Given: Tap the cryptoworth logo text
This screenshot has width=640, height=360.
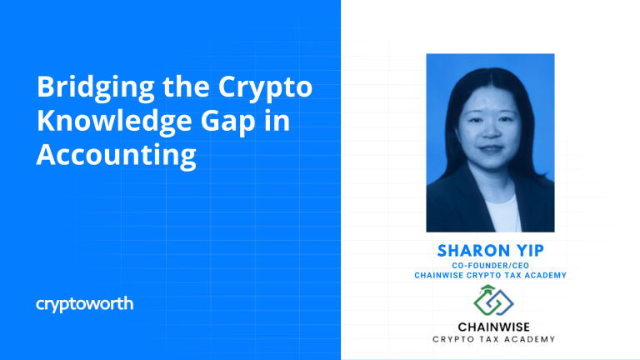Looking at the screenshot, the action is (x=84, y=304).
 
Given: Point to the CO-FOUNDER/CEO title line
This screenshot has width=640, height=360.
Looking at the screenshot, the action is (x=491, y=266).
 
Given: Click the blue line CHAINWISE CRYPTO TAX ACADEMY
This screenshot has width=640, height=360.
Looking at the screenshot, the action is (x=491, y=276).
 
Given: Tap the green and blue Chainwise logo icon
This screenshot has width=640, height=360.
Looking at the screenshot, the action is (x=493, y=300).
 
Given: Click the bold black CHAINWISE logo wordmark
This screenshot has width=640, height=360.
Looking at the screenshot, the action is (x=494, y=327).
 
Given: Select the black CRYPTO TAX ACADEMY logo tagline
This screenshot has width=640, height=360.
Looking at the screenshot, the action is (x=494, y=339).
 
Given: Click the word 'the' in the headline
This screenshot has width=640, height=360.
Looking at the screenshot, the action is (x=186, y=87).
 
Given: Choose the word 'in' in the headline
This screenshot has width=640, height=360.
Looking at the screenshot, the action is (x=277, y=121).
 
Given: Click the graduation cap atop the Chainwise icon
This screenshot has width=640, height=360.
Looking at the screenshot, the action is (x=487, y=288).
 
